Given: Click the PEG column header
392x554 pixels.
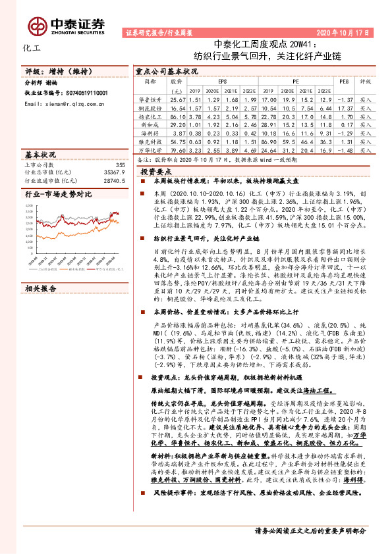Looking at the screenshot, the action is [343, 82].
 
